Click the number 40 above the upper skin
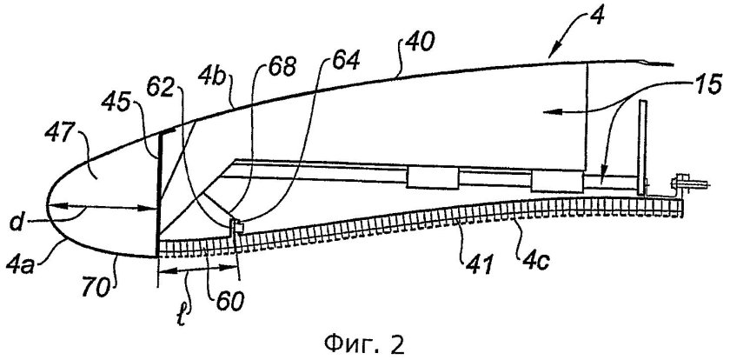coord(419,44)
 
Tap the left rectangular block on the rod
coord(433,177)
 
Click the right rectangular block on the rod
coord(557,181)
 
